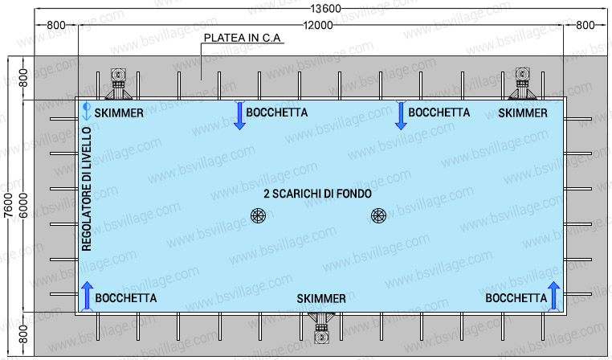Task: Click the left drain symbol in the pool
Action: coord(258,215)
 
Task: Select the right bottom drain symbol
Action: coord(379,215)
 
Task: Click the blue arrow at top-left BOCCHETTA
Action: coord(239,116)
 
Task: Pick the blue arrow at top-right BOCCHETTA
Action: coord(400,116)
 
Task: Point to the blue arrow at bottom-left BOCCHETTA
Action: coord(87,296)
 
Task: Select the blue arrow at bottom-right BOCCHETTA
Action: coord(553,296)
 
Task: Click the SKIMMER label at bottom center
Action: coord(321,298)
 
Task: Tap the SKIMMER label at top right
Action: coord(523,113)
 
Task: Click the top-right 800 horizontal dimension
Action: coord(585,26)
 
